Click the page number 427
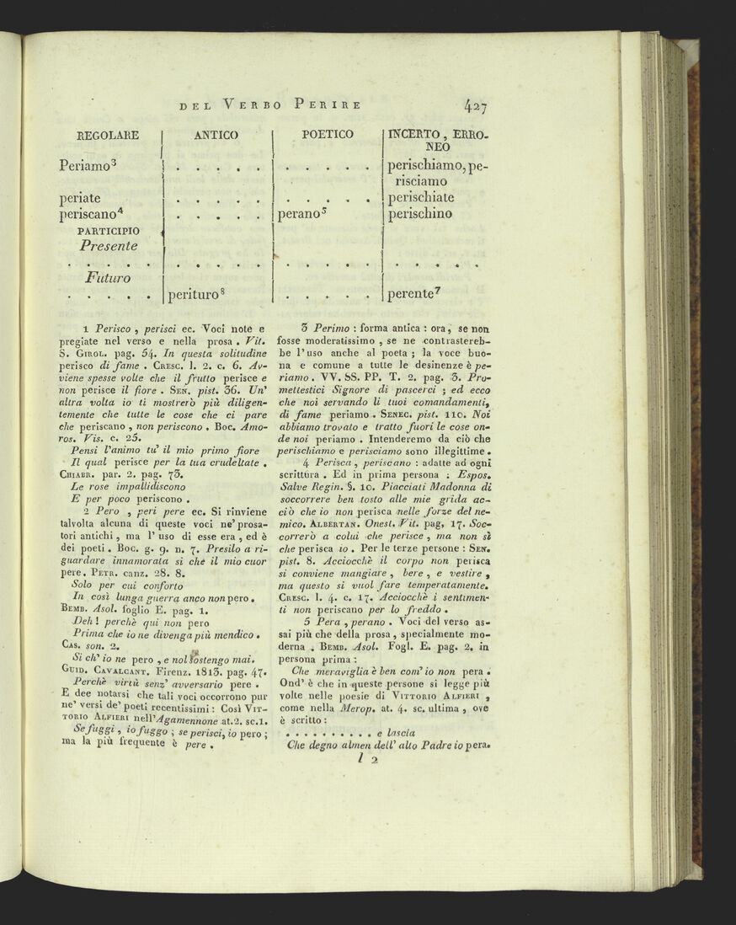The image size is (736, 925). [x=475, y=105]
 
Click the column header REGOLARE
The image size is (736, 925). [x=107, y=135]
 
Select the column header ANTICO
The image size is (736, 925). [x=216, y=135]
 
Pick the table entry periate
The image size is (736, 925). [x=80, y=198]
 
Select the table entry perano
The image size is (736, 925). [x=298, y=215]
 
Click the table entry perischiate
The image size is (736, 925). [x=420, y=198]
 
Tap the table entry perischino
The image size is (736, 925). [x=419, y=215]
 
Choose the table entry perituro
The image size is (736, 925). [x=193, y=296]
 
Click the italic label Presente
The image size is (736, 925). [x=109, y=246]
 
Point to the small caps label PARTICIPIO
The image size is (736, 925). [x=109, y=230]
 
